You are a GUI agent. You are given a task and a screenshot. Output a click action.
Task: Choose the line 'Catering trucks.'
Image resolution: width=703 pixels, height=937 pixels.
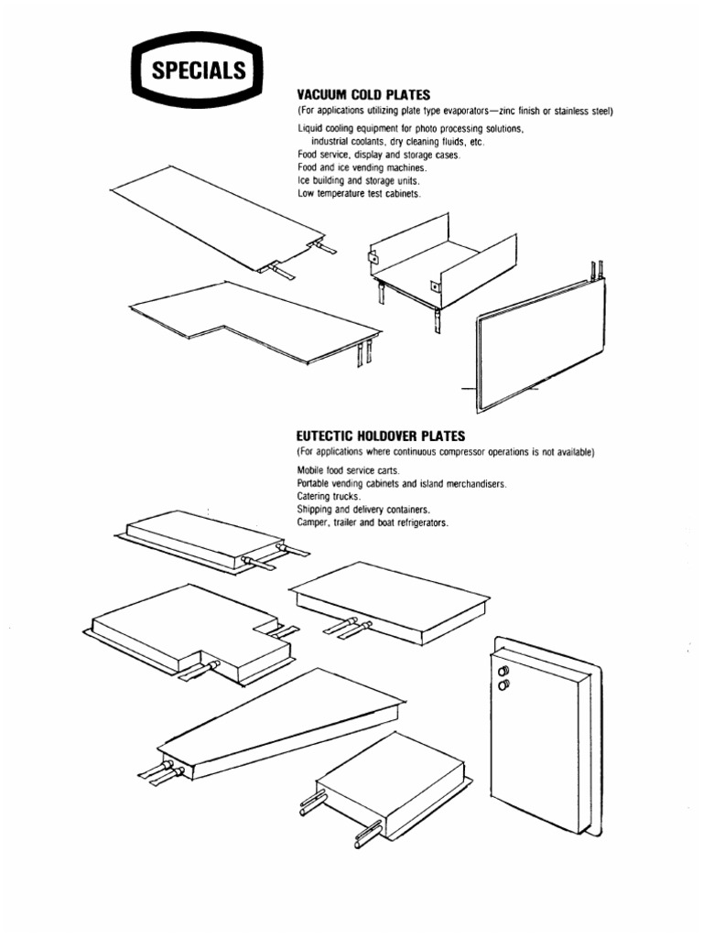(x=328, y=496)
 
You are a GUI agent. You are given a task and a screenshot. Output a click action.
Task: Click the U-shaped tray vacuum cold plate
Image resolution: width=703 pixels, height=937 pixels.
(x=439, y=265)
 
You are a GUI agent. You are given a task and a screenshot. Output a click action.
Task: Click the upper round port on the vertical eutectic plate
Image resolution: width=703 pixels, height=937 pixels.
(x=502, y=670)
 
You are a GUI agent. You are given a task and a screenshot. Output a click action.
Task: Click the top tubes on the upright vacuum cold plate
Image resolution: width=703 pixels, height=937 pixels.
(x=600, y=268)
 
